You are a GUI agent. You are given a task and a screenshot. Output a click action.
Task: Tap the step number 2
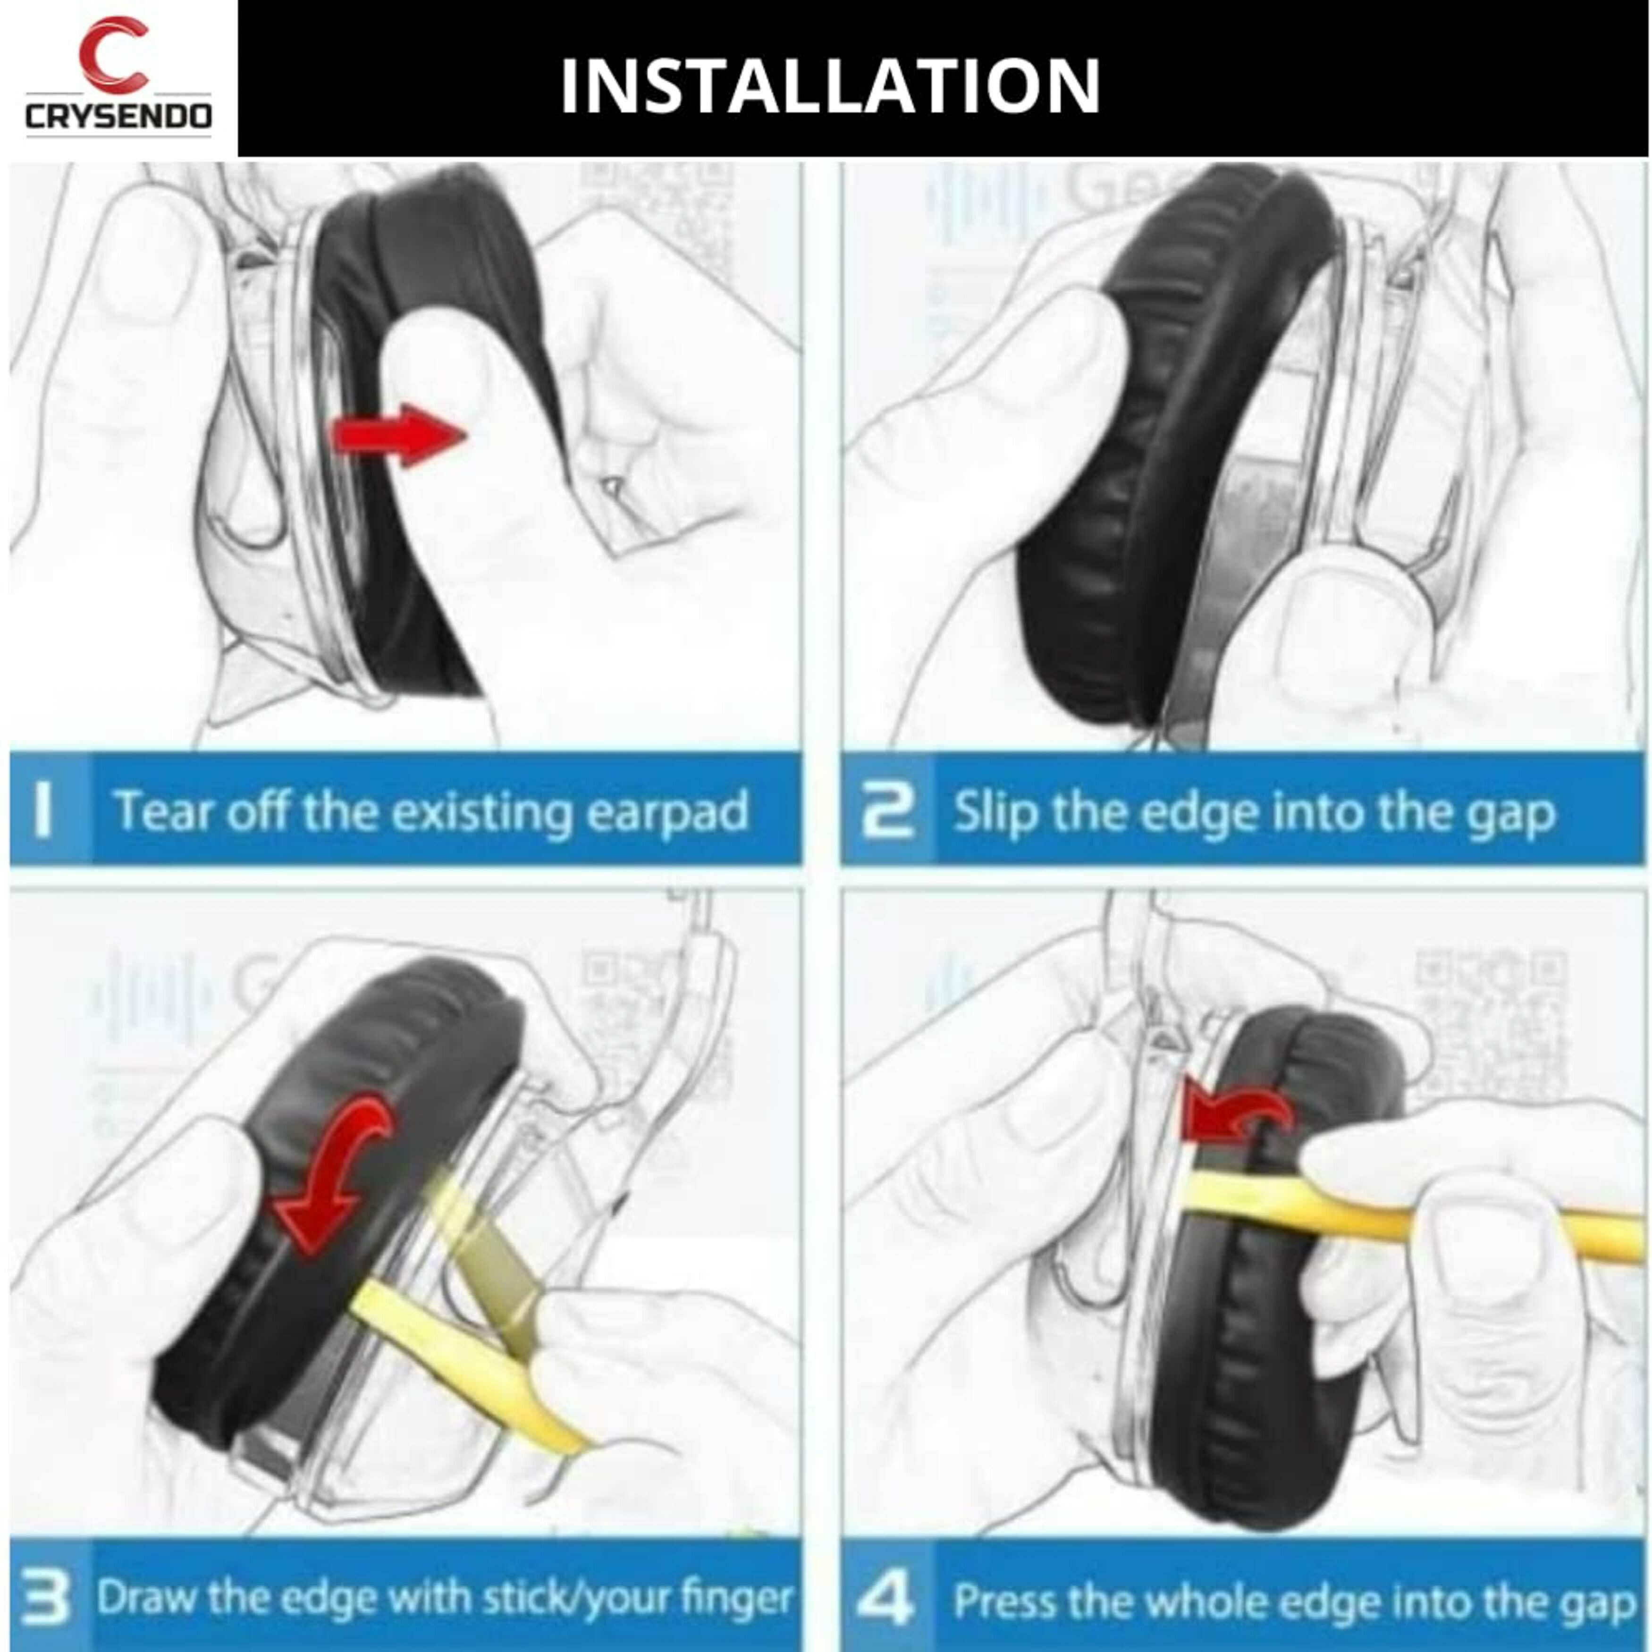pyautogui.click(x=887, y=810)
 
